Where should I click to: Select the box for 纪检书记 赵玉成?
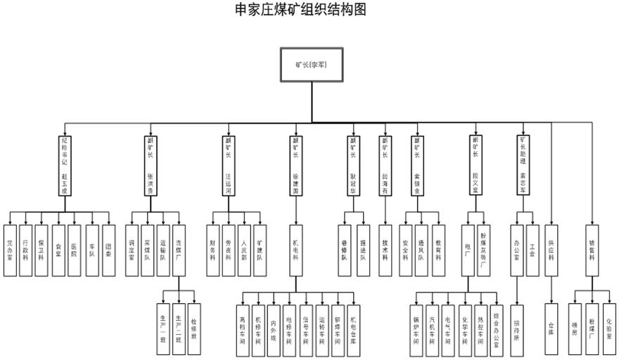(x=65, y=165)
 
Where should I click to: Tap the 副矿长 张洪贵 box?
(x=150, y=165)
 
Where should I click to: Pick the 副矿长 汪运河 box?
(x=228, y=165)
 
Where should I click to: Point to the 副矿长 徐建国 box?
(x=295, y=165)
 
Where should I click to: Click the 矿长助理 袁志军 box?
(x=523, y=165)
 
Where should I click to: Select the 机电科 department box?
(x=295, y=249)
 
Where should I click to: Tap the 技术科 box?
(x=385, y=249)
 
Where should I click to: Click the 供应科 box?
(x=551, y=249)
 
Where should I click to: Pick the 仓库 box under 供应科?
(x=551, y=328)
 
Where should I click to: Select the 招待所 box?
(x=516, y=328)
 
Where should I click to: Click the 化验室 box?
(x=608, y=328)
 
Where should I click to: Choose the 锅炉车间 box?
(x=416, y=328)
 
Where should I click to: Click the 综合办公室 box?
(x=497, y=328)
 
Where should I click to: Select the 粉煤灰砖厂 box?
(x=483, y=249)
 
